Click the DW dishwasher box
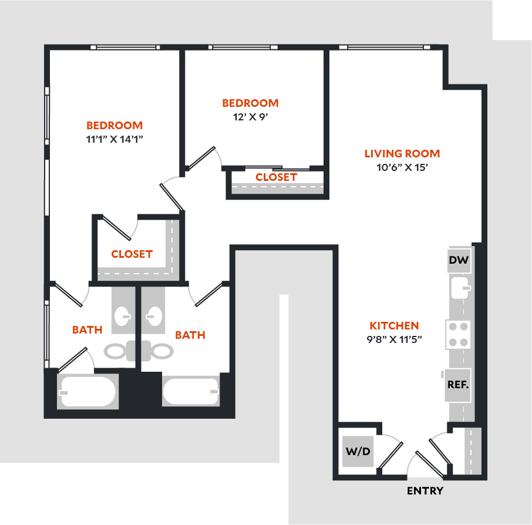coord(459,260)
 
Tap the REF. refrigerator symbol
coord(458,385)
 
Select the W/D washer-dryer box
coord(358,452)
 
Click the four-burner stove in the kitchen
coord(458,335)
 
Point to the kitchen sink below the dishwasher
coord(460,288)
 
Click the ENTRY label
coord(425,491)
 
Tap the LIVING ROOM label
coord(402,154)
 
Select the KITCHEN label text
coord(394,326)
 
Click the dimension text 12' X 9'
coord(250,117)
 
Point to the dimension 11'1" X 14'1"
coord(115,139)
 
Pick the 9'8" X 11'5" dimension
coord(394,339)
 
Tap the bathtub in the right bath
coord(191,391)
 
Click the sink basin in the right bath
coord(154,317)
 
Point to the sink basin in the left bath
coord(123,317)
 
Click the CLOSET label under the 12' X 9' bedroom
coord(276,177)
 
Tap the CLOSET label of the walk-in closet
coord(132,254)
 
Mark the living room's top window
coord(385,47)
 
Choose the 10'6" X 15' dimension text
coord(402,167)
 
